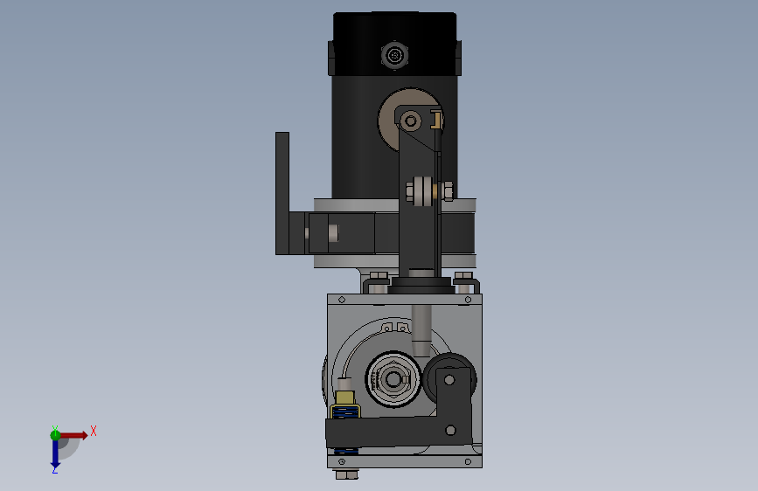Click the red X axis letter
click(x=93, y=430)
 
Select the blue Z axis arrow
click(x=54, y=453)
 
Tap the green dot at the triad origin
click(x=55, y=434)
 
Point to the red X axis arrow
click(x=74, y=435)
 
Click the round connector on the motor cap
click(x=395, y=56)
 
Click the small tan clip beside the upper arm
click(x=437, y=117)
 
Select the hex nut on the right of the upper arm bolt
click(x=445, y=190)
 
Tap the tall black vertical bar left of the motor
click(x=282, y=193)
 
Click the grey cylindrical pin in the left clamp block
click(x=332, y=232)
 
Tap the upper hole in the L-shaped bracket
click(x=449, y=380)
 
